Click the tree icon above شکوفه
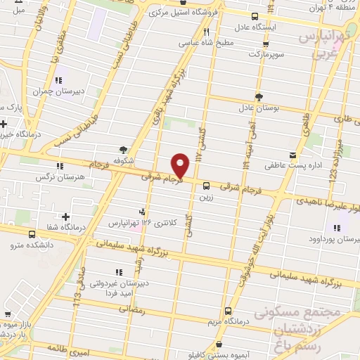tap(124, 149)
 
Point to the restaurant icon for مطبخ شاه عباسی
tap(206, 31)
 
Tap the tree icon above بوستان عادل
tap(259, 97)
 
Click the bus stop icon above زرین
tap(206, 186)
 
